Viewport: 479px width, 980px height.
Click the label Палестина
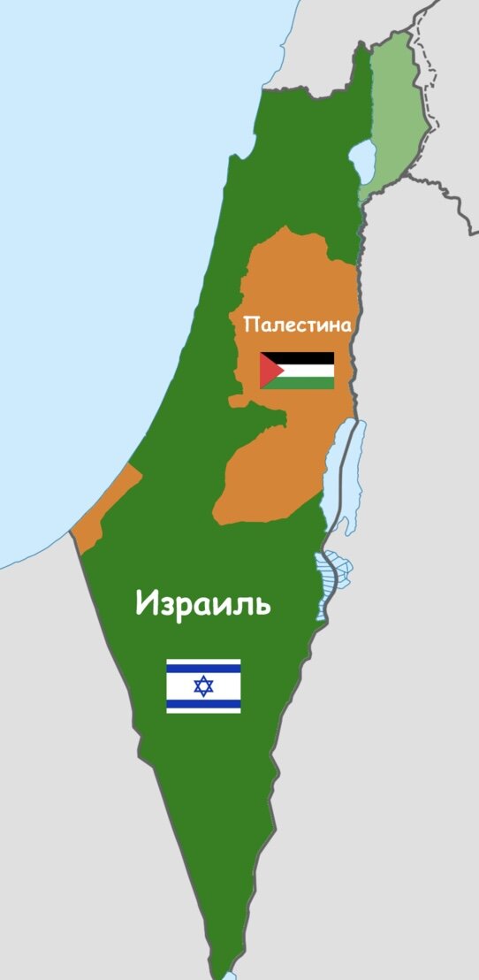297,325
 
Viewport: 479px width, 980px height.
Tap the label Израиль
203,604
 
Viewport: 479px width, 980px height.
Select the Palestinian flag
297,371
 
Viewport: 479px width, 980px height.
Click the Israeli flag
203,685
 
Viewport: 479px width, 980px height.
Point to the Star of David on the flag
203,685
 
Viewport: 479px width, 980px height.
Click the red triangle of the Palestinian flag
269,371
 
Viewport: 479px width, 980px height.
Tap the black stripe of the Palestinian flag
305,357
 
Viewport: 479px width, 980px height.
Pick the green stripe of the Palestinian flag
305,383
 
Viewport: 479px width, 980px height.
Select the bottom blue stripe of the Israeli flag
203,704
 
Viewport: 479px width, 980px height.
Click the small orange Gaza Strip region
102,513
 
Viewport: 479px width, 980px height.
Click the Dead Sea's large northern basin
340,478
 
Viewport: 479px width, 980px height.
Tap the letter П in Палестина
250,325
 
